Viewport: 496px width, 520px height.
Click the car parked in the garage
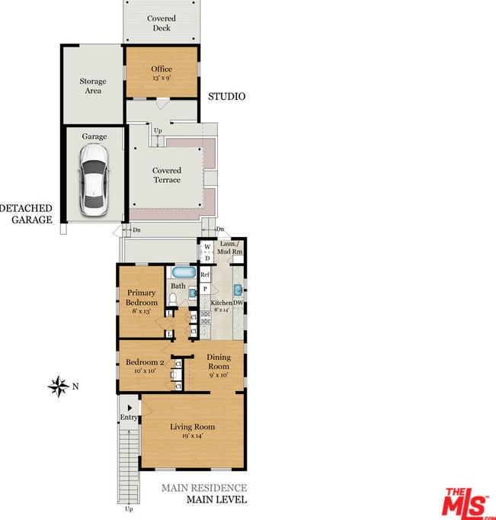pyautogui.click(x=94, y=179)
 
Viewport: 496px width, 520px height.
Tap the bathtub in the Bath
pyautogui.click(x=184, y=273)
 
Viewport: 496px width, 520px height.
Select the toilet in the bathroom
pyautogui.click(x=173, y=299)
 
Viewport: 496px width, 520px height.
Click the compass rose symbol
pyautogui.click(x=59, y=386)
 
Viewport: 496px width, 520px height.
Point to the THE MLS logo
pyautogui.click(x=468, y=502)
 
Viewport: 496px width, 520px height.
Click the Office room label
pyautogui.click(x=162, y=69)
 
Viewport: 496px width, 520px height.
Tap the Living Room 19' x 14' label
pyautogui.click(x=193, y=431)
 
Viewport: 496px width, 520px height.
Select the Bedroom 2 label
pyautogui.click(x=145, y=362)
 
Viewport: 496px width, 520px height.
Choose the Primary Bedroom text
pyautogui.click(x=142, y=297)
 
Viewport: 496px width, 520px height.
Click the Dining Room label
pyautogui.click(x=219, y=361)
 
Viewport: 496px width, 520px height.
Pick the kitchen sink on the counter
pyautogui.click(x=238, y=290)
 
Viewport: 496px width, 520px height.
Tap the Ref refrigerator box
pyautogui.click(x=205, y=274)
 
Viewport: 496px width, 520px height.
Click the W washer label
pyautogui.click(x=207, y=247)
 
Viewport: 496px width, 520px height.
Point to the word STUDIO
pyautogui.click(x=227, y=97)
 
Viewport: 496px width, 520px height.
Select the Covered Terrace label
pyautogui.click(x=167, y=175)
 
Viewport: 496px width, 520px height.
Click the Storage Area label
pyautogui.click(x=93, y=86)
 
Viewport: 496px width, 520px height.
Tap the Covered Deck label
pyautogui.click(x=162, y=23)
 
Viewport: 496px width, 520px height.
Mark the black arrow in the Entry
pyautogui.click(x=130, y=408)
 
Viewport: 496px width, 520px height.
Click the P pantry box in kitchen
pyautogui.click(x=205, y=289)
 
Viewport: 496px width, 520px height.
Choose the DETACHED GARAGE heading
pyautogui.click(x=26, y=214)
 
